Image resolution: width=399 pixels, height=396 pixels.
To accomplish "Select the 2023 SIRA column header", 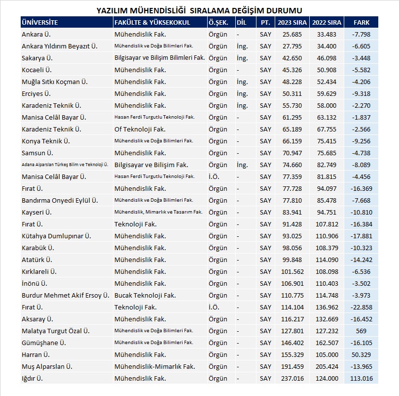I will point(292,23).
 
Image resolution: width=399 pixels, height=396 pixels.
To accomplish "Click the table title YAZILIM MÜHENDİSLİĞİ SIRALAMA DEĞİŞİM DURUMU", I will point(199,10).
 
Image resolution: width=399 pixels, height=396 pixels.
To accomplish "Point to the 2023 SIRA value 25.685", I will point(292,35).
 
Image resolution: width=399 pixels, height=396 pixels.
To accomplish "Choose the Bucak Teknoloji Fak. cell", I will point(145,295).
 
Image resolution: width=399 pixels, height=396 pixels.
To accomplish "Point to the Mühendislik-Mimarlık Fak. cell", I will point(154,366).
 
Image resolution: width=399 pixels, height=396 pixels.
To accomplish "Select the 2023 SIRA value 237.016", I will point(292,378).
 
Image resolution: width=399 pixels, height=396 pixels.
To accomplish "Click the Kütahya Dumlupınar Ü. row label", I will point(56,236).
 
